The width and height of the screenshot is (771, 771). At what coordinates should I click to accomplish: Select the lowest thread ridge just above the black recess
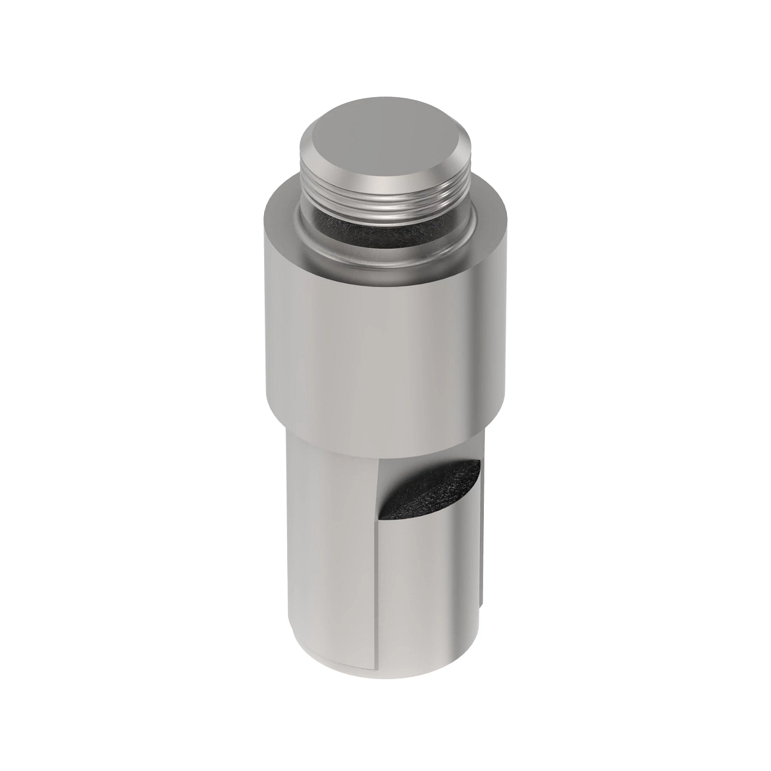[x=385, y=215]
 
